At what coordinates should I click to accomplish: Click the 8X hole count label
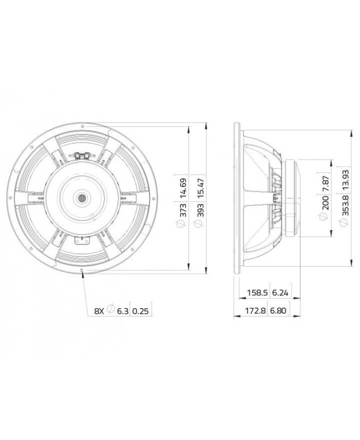(x=99, y=311)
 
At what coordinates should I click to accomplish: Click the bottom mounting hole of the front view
(x=83, y=272)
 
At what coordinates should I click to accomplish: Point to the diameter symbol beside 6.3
(x=110, y=311)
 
